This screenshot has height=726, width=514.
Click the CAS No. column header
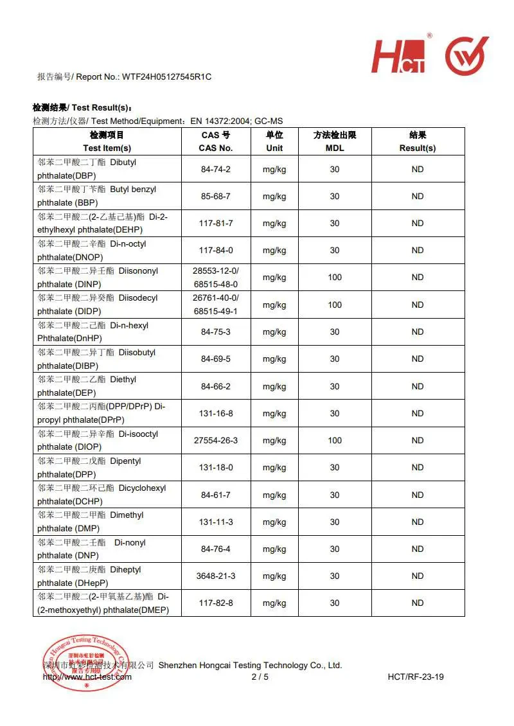coord(216,141)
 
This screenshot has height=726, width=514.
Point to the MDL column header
coord(335,141)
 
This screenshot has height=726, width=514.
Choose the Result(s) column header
coord(418,141)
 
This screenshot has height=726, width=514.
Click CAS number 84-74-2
coord(216,169)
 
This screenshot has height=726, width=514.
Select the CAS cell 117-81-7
coord(216,224)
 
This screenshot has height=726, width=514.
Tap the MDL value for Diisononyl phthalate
coord(335,278)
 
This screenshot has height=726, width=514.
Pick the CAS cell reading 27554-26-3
coord(216,441)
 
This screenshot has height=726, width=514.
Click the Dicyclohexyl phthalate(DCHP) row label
coord(102,495)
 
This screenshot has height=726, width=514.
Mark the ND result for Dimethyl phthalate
coord(418,522)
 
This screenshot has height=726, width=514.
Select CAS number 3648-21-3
coord(216,576)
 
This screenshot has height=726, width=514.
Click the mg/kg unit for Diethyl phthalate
coord(274,386)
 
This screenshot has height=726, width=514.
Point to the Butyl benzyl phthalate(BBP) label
coord(96,196)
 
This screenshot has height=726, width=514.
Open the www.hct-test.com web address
coord(87,677)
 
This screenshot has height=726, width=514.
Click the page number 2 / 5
coord(260,677)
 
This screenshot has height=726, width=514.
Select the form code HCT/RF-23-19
coord(416,677)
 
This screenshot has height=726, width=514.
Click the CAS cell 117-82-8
coord(216,603)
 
